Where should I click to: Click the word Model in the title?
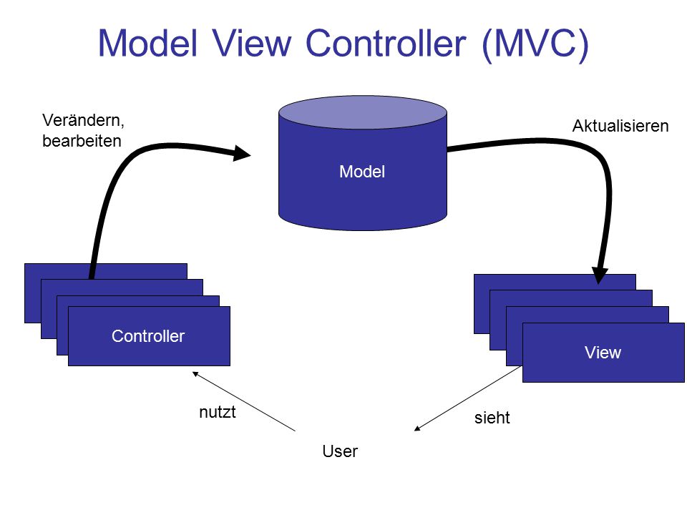tap(148, 43)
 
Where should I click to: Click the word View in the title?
tap(252, 43)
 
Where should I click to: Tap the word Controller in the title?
tap(386, 43)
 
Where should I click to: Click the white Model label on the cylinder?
tap(362, 172)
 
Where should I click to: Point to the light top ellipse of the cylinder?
tap(363, 112)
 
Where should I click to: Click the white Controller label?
tap(148, 336)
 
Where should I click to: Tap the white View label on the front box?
tap(603, 353)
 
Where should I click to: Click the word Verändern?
tap(83, 120)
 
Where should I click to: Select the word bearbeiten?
tap(82, 141)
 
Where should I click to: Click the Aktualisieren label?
tap(620, 126)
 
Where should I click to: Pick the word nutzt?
tap(218, 412)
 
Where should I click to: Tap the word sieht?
tap(492, 418)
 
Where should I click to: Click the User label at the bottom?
tap(340, 451)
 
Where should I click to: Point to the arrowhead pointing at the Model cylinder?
tap(241, 153)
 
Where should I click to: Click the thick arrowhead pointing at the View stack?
tap(600, 275)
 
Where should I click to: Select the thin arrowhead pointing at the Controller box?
tap(195, 374)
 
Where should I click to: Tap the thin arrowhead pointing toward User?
tap(417, 428)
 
